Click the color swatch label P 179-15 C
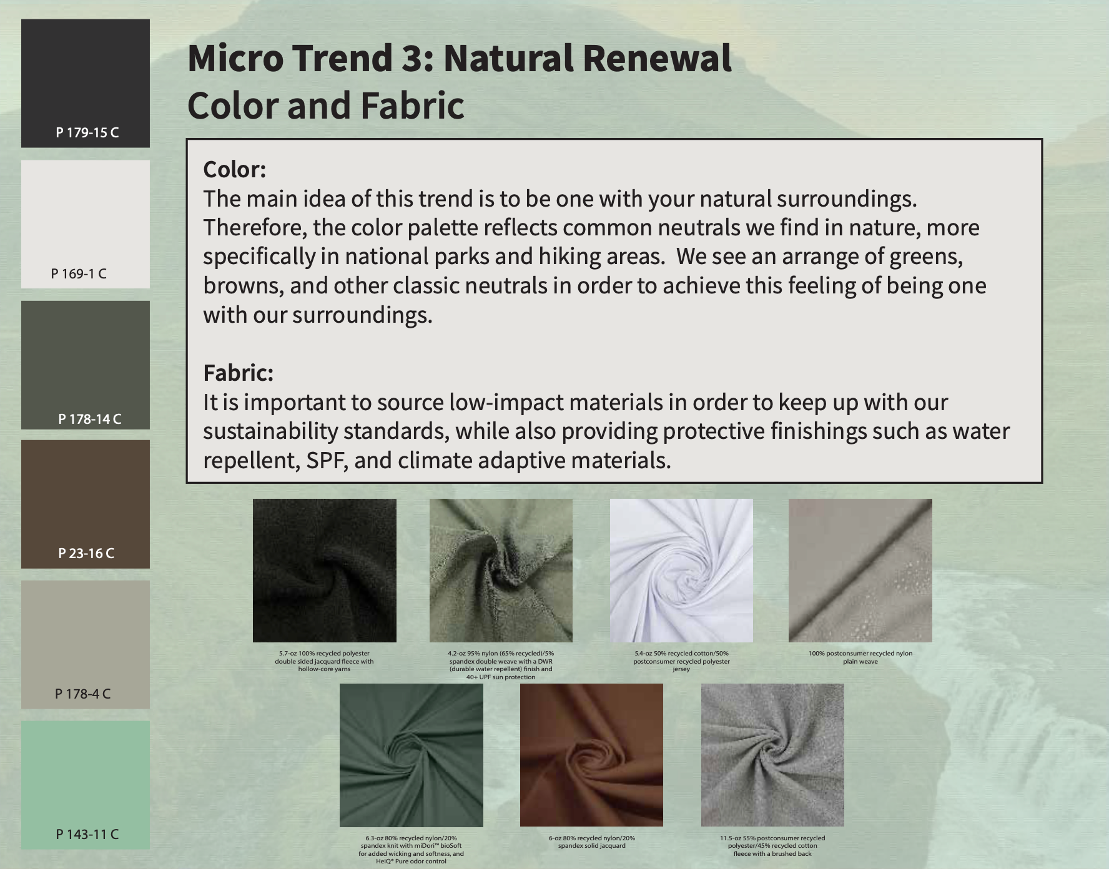[x=87, y=132]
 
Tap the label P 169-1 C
[x=79, y=273]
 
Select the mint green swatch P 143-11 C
[x=86, y=785]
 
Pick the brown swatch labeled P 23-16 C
[x=86, y=504]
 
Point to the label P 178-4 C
[x=83, y=694]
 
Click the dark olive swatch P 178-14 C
[x=86, y=365]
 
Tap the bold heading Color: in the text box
[x=235, y=170]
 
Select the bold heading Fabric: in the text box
[x=239, y=373]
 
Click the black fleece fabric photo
[x=325, y=571]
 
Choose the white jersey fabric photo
[x=681, y=571]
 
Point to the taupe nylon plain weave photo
[x=860, y=571]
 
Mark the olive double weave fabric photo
[x=501, y=571]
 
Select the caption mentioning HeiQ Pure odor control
[x=412, y=850]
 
